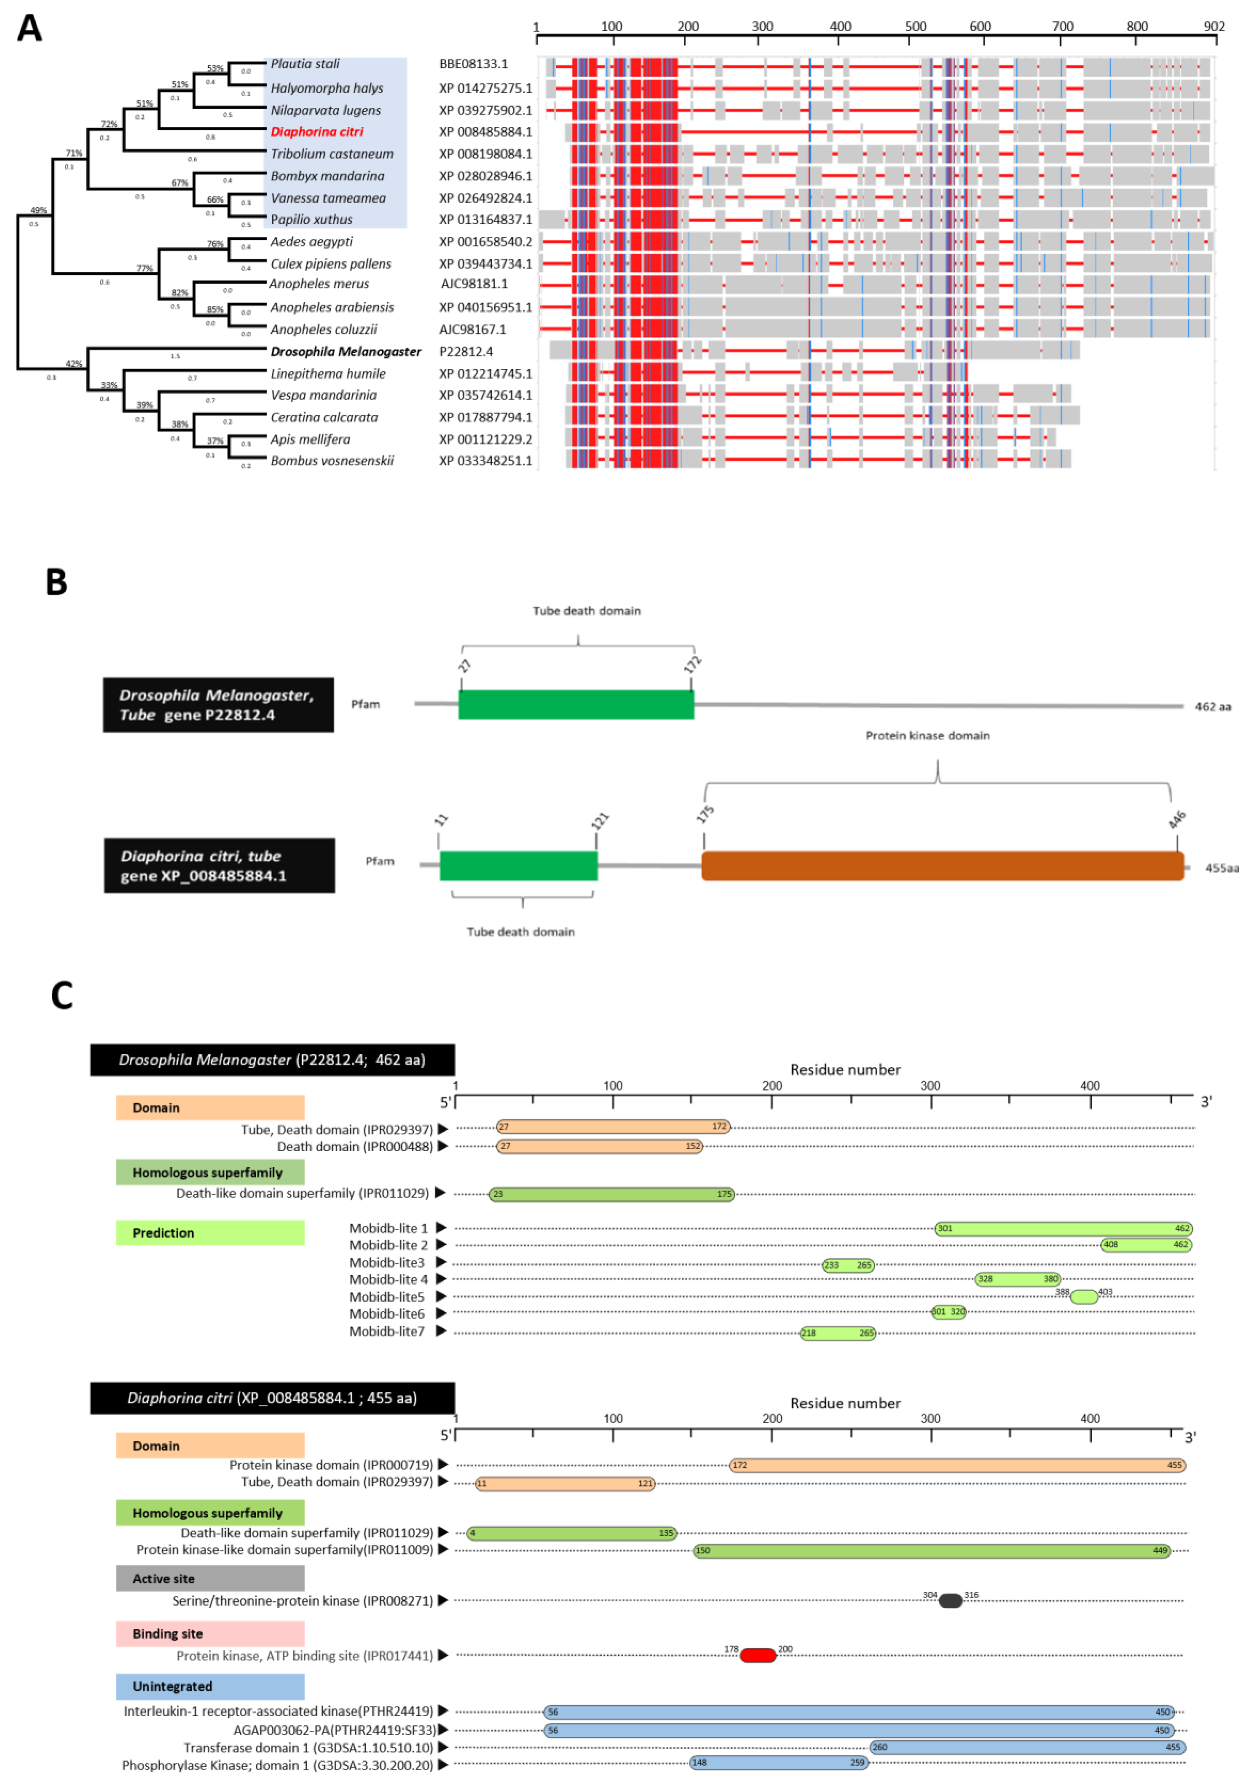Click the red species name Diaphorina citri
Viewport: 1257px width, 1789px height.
(316, 132)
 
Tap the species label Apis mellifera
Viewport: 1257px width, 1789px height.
(310, 439)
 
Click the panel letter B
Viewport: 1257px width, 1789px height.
(56, 582)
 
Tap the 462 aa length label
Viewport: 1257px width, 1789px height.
(1213, 707)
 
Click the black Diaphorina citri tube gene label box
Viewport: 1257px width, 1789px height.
(219, 866)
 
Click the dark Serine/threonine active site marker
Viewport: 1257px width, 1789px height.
(950, 1601)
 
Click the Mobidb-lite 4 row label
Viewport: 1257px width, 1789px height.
(388, 1279)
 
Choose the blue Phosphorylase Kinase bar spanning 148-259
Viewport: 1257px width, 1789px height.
(778, 1762)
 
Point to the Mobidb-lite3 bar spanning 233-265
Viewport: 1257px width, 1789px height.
(848, 1265)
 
